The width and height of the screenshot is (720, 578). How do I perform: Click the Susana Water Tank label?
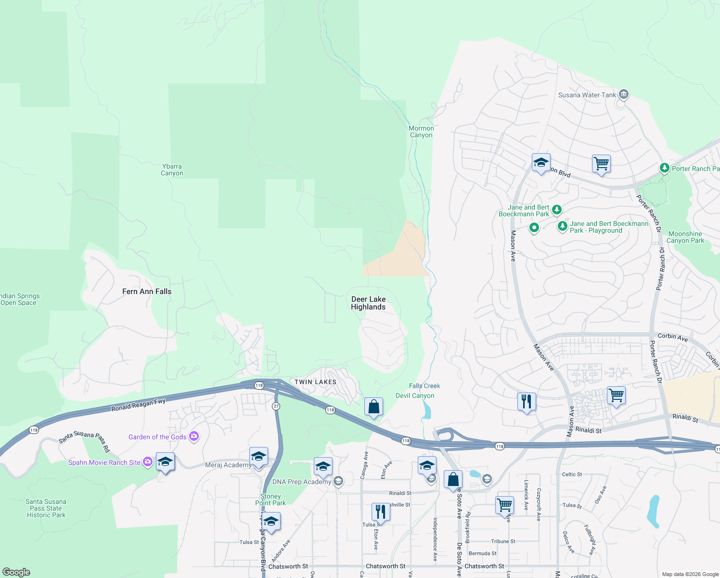(x=587, y=95)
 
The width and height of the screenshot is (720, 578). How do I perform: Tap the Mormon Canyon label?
(x=421, y=131)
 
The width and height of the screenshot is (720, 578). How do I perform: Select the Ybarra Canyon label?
(x=172, y=170)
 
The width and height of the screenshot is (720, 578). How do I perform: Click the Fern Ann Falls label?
(x=147, y=291)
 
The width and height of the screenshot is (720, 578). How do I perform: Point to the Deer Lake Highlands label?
(x=368, y=303)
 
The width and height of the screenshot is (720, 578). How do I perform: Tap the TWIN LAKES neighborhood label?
(x=315, y=382)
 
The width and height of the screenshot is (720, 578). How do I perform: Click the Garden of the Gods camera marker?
(x=194, y=436)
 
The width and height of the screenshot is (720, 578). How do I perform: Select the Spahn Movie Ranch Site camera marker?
(x=148, y=462)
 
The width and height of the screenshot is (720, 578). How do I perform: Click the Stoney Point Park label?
(x=270, y=499)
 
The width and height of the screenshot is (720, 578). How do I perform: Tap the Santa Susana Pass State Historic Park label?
(x=46, y=508)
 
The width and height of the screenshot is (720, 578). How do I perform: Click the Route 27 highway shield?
(x=276, y=406)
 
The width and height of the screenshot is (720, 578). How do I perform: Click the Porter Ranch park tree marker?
(x=664, y=168)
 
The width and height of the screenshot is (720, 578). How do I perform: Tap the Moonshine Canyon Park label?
(x=685, y=237)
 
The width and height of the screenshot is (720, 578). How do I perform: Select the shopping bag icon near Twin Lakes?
(x=373, y=407)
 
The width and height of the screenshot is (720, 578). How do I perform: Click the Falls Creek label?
(x=424, y=386)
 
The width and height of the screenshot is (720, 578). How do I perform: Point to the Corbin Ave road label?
(x=673, y=337)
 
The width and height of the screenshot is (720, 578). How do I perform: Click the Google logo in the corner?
(x=16, y=572)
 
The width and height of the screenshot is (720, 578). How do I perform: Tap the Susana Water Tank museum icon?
(x=624, y=94)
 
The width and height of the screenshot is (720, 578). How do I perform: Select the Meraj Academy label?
(x=228, y=465)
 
